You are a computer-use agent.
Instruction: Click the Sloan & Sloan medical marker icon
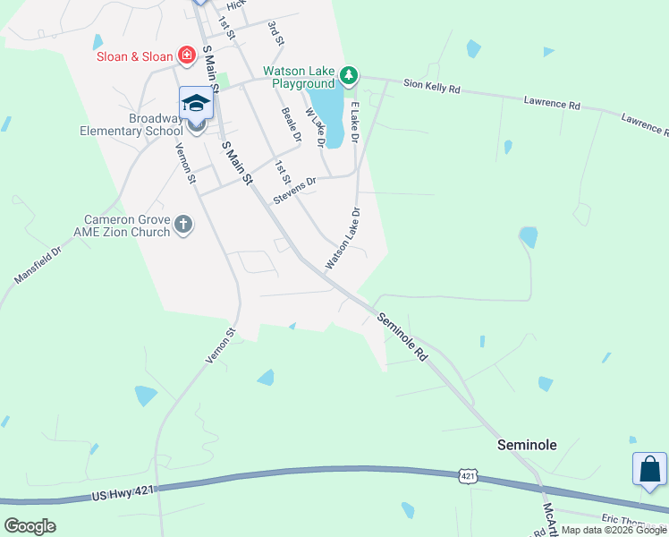coord(187,56)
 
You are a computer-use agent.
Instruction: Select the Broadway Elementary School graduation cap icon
coord(197,103)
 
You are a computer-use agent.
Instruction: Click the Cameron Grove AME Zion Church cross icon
coord(183,224)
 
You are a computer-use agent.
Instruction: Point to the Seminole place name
coord(528,445)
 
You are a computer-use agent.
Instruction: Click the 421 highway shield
coord(468,476)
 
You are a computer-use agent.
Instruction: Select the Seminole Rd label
coord(403,336)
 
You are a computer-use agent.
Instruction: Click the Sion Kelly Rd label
coord(431,88)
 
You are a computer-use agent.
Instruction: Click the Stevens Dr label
coord(295,190)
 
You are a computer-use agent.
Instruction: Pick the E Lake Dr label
coord(354,123)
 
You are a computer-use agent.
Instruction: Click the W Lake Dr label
coord(315,127)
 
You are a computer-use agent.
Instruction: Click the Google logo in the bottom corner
coord(30,526)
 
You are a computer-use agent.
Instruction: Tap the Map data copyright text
coord(613,530)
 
